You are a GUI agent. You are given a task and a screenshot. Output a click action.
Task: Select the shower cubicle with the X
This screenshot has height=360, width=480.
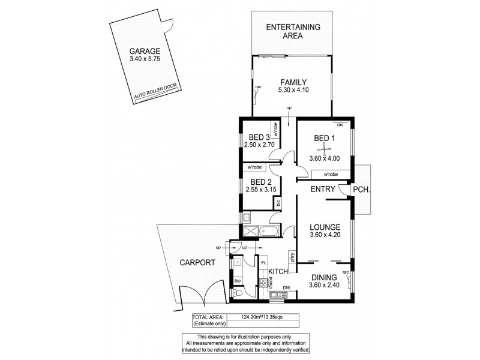pyautogui.click(x=248, y=230)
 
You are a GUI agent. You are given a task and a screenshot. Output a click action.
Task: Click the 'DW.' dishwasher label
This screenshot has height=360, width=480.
pyautogui.click(x=287, y=287)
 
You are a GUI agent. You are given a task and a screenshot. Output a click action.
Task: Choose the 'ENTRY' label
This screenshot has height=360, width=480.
pyautogui.click(x=322, y=190)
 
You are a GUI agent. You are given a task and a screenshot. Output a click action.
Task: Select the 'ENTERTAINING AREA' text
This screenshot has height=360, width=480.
pyautogui.click(x=293, y=31)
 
